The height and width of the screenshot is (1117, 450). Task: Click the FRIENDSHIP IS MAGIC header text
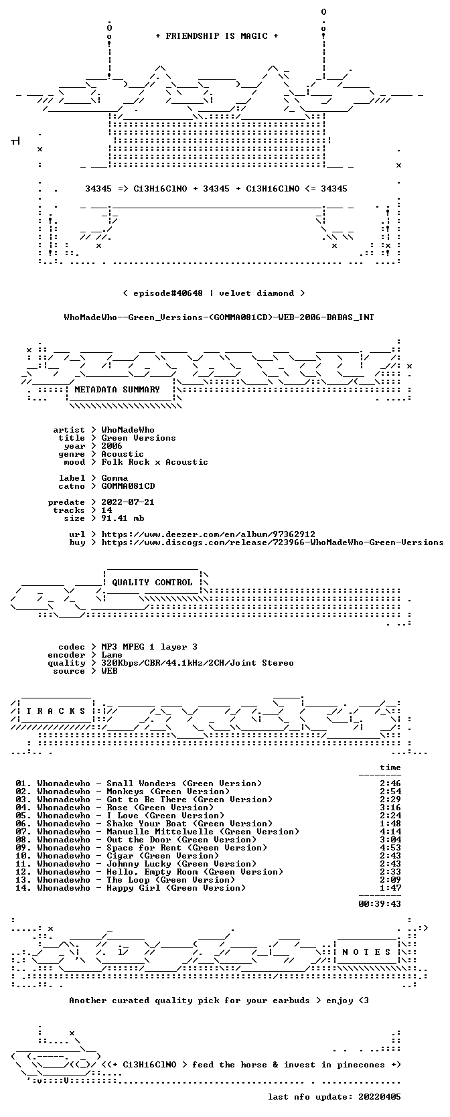click(217, 36)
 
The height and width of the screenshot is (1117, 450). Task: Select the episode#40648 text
click(168, 293)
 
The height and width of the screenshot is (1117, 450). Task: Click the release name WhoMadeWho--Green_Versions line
click(219, 317)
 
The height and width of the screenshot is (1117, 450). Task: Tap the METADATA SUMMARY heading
click(117, 390)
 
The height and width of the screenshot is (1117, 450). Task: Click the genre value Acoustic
click(123, 454)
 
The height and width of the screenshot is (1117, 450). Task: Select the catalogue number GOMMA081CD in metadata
click(128, 486)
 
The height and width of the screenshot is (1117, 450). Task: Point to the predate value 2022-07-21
click(128, 502)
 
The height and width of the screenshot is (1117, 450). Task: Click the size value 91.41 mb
click(123, 518)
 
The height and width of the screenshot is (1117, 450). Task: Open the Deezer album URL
click(208, 534)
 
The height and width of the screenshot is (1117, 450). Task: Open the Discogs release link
click(273, 542)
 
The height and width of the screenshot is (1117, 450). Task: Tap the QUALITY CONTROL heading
click(152, 583)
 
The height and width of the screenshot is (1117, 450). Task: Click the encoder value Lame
click(112, 655)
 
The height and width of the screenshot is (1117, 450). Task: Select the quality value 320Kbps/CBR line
click(198, 663)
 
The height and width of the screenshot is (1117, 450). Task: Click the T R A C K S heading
click(56, 711)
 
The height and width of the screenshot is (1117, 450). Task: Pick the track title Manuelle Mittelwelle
click(159, 832)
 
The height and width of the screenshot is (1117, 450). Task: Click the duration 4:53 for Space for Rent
click(390, 848)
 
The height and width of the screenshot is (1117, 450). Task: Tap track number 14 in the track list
click(23, 887)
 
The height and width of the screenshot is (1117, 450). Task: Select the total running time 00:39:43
click(380, 903)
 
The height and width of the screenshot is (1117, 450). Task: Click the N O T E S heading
click(367, 952)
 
